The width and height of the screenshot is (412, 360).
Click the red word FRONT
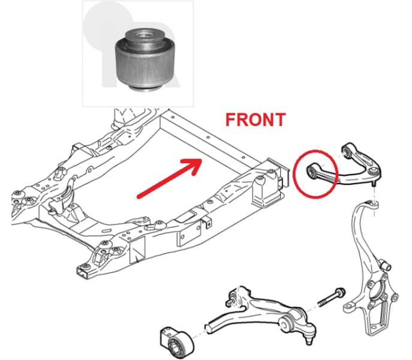click(x=255, y=119)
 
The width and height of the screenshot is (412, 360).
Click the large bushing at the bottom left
click(x=176, y=343)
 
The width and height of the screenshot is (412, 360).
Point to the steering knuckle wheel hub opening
click(x=376, y=291)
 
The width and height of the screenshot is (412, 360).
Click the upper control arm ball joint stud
click(x=374, y=184)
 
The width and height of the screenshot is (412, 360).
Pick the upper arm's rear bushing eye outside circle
click(x=346, y=151)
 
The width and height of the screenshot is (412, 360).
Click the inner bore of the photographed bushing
click(x=143, y=34)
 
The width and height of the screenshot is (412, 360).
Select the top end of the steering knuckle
click(x=374, y=203)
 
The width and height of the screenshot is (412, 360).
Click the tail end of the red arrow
click(x=139, y=197)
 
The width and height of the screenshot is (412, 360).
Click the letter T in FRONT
click(x=280, y=119)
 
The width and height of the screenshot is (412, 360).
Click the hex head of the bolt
click(x=341, y=292)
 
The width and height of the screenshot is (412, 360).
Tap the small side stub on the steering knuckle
click(x=386, y=265)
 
